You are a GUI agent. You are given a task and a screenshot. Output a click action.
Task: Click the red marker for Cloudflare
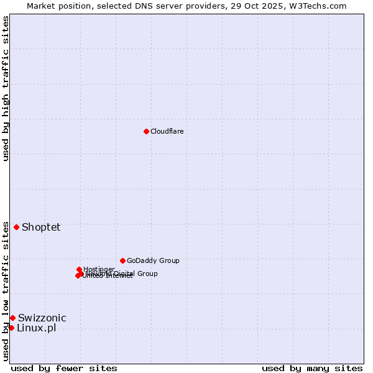coord(146,131)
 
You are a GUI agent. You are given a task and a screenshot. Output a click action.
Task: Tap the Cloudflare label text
coord(167,131)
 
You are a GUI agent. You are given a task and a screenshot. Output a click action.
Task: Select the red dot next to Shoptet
coord(16,227)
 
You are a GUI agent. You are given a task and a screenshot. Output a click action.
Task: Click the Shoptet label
coord(41,227)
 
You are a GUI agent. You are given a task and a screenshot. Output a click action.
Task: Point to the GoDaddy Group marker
coord(122,260)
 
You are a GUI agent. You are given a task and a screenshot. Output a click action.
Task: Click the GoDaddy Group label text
coord(153,260)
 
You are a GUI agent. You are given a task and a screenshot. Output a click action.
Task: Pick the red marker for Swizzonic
coord(12,318)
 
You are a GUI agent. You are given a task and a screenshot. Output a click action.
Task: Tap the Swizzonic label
coord(42,318)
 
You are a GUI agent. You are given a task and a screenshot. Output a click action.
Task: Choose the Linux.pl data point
coord(11,328)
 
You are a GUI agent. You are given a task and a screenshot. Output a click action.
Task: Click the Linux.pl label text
coord(37,328)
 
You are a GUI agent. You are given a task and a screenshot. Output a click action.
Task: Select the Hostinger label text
coord(99,269)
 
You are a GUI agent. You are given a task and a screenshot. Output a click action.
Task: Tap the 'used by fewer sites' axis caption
coord(64,368)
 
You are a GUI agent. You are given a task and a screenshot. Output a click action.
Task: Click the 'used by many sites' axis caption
coord(312,368)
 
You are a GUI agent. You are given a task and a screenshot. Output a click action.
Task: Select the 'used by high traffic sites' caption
coord(6,88)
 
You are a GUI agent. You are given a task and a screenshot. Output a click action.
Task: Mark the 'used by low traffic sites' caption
coord(6,291)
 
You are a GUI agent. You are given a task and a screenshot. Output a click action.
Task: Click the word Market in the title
coord(42,6)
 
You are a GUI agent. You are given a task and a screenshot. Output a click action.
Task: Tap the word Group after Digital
coord(147,274)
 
